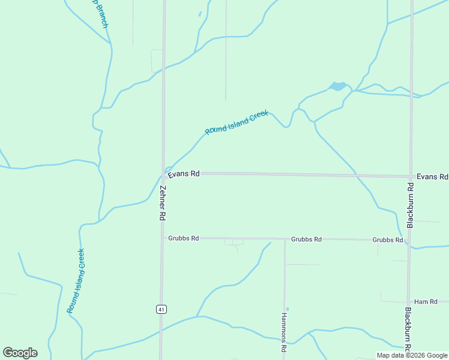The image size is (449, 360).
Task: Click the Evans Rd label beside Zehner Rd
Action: pyautogui.click(x=184, y=174)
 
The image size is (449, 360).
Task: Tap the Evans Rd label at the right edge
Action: pyautogui.click(x=432, y=177)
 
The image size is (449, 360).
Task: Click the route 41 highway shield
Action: pyautogui.click(x=161, y=309)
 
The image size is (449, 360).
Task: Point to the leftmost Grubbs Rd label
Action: pyautogui.click(x=183, y=238)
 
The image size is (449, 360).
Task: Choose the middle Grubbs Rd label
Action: pyautogui.click(x=306, y=239)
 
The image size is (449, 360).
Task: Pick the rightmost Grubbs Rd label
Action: pyautogui.click(x=387, y=239)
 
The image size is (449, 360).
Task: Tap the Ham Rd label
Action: pyautogui.click(x=426, y=301)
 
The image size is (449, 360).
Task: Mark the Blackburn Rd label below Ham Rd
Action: pyautogui.click(x=408, y=329)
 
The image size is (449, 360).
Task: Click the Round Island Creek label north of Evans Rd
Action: pyautogui.click(x=237, y=123)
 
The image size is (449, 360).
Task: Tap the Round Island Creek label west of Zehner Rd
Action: pyautogui.click(x=76, y=280)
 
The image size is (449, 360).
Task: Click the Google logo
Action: pyautogui.click(x=20, y=353)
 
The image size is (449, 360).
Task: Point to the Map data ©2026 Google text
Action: pyautogui.click(x=412, y=355)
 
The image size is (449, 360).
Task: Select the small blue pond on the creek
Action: pyautogui.click(x=338, y=86)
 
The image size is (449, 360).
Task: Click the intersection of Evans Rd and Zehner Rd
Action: pyautogui.click(x=163, y=175)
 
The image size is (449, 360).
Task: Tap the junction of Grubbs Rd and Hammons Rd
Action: pyautogui.click(x=285, y=239)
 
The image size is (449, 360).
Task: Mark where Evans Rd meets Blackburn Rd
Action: pyautogui.click(x=411, y=176)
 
